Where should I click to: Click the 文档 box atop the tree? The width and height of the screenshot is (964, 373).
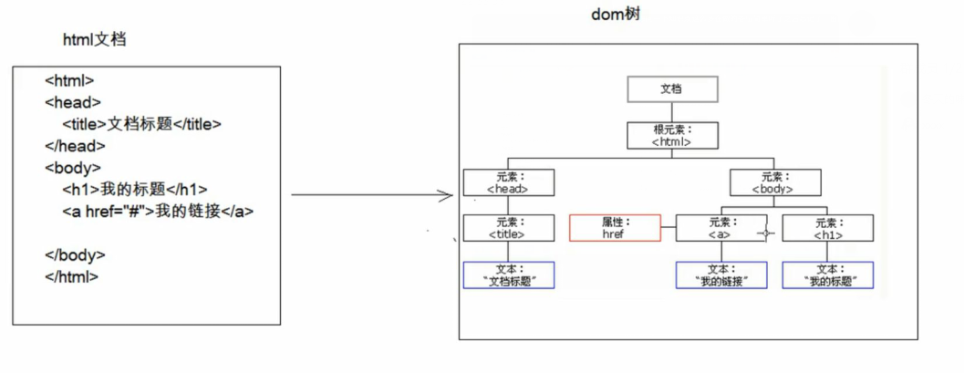pyautogui.click(x=672, y=88)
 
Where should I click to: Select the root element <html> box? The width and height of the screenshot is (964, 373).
pyautogui.click(x=672, y=136)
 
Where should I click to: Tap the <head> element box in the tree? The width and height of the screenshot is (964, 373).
pyautogui.click(x=508, y=182)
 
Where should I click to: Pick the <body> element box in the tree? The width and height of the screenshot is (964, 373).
pyautogui.click(x=772, y=182)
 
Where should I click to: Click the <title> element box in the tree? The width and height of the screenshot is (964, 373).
pyautogui.click(x=508, y=228)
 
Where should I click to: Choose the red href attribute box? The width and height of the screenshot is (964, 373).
pyautogui.click(x=615, y=228)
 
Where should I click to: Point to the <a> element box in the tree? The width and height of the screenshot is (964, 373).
pyautogui.click(x=720, y=228)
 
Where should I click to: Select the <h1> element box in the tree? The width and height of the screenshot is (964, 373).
pyautogui.click(x=827, y=228)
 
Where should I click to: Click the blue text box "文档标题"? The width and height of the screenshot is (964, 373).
pyautogui.click(x=508, y=275)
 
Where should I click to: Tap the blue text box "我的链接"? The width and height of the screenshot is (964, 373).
pyautogui.click(x=720, y=275)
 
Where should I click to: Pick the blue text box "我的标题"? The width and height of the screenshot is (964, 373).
pyautogui.click(x=827, y=275)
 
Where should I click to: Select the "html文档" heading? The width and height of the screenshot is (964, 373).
pyautogui.click(x=93, y=38)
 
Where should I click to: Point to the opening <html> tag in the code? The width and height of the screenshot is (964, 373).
pyautogui.click(x=69, y=80)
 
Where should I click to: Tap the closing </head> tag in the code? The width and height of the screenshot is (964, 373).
pyautogui.click(x=75, y=146)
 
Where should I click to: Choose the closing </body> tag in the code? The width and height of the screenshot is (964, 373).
pyautogui.click(x=75, y=255)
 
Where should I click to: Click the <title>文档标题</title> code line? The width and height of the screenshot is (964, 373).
pyautogui.click(x=141, y=124)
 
